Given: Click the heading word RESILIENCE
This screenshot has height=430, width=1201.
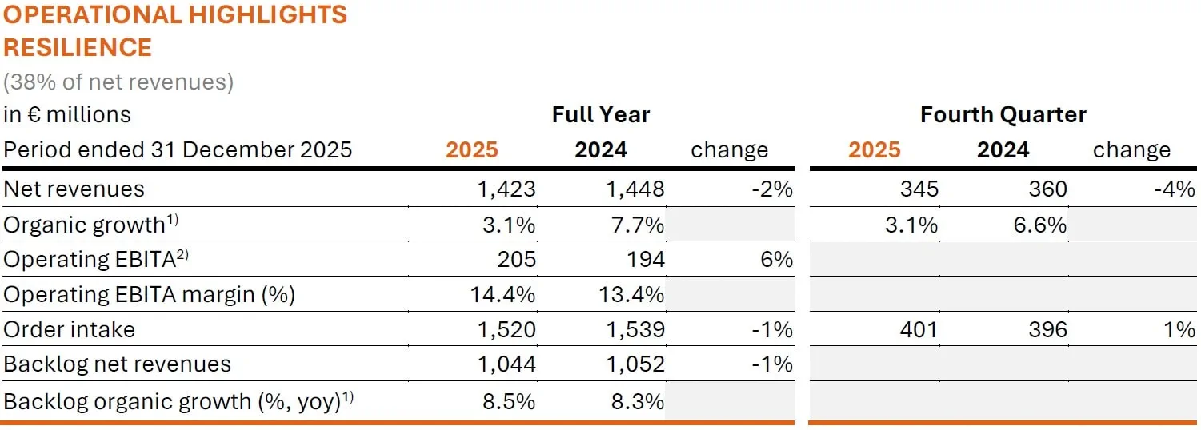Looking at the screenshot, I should (x=78, y=47).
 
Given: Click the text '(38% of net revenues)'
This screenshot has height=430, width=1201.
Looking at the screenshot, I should (x=118, y=82).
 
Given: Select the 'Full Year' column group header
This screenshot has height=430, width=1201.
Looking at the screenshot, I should (x=600, y=114).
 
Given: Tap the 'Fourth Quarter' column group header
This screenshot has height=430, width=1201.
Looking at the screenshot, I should (x=1003, y=114).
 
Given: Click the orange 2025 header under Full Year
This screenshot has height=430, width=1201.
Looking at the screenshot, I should (x=472, y=149).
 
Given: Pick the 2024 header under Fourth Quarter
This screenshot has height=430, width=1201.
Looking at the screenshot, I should (x=1003, y=149).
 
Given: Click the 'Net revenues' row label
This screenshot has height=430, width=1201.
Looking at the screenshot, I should (x=74, y=189).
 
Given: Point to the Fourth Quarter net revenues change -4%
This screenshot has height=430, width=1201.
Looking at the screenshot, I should (x=1174, y=189).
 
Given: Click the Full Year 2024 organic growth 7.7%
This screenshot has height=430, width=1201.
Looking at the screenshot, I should (x=632, y=225).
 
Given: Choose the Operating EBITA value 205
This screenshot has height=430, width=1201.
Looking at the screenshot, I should (x=516, y=259).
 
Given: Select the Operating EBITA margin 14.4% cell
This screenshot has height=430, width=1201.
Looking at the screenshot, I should (x=502, y=294).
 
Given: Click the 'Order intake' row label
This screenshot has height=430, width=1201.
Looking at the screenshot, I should (x=70, y=329).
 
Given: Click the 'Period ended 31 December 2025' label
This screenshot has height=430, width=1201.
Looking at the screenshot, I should (x=178, y=149).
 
